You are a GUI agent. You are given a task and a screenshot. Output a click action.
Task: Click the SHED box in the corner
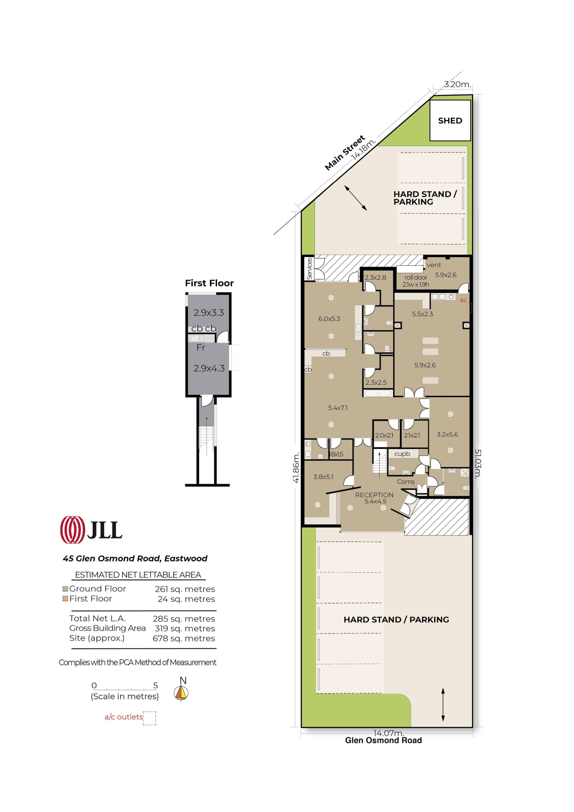pos(450,120)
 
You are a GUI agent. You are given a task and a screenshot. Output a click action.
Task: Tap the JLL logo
pos(91,529)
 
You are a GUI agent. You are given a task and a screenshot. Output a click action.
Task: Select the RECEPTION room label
pos(374,495)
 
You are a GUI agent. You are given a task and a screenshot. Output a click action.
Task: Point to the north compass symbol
pos(181,690)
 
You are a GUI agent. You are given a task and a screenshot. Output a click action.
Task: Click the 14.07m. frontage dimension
pos(388,732)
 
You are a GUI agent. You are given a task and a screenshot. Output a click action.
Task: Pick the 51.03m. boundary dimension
pos(478,463)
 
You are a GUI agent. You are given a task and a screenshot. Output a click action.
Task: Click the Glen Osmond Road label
pos(383,740)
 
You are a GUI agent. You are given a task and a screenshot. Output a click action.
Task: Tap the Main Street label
pos(345,153)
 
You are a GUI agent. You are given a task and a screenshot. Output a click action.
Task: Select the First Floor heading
pos(209,283)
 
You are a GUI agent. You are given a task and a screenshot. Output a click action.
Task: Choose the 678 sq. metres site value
pos(184,638)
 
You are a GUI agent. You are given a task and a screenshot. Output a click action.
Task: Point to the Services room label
pos(310,269)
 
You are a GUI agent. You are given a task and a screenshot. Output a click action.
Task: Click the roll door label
pos(416,277)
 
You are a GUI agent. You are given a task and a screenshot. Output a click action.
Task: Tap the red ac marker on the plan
pos(463,300)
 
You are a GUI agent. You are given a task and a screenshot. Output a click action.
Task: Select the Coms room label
pos(406,481)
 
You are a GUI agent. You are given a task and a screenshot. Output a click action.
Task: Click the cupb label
pos(402,454)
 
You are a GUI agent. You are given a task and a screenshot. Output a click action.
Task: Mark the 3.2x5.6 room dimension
pos(447,434)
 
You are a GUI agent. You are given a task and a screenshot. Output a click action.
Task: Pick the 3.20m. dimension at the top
pos(458,84)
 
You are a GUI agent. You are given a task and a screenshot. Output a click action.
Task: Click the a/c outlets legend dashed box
pos(150,718)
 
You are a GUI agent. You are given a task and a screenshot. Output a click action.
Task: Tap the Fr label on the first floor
pos(201,347)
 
